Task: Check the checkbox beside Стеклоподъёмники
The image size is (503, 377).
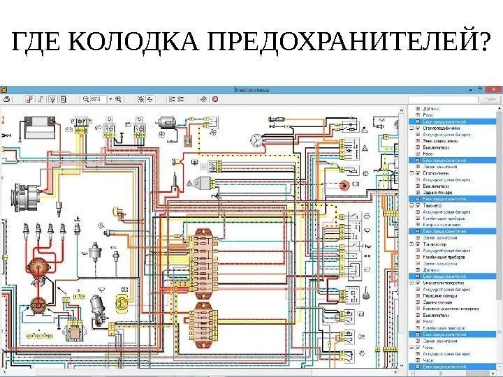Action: [x=418, y=128]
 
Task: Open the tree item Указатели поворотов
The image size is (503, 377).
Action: [x=447, y=282]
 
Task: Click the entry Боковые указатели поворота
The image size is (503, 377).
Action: [x=454, y=308]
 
